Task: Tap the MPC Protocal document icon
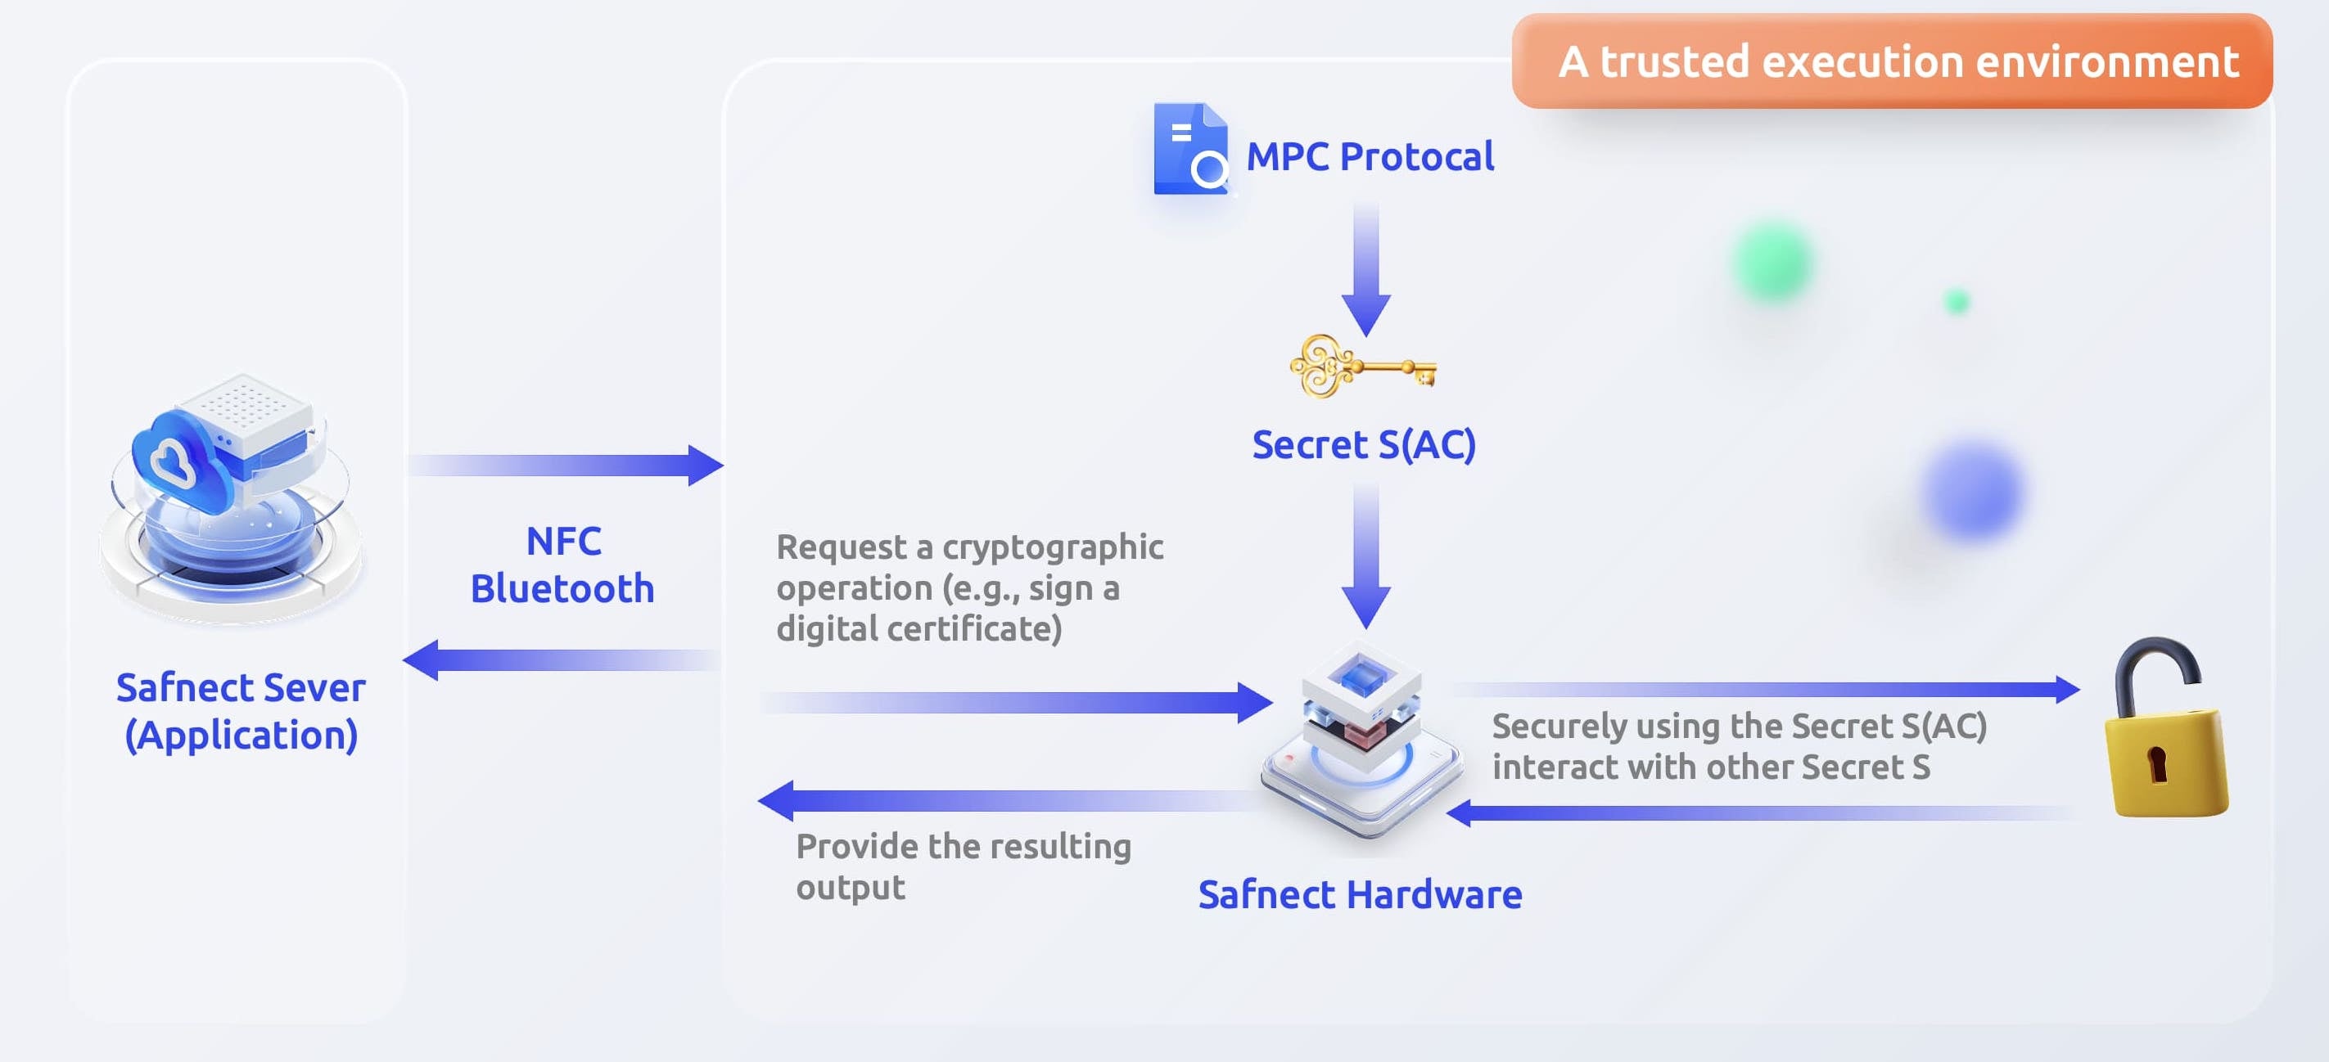click(x=1189, y=149)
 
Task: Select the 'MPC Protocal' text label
click(x=1370, y=157)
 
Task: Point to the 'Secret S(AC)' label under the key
click(x=1363, y=445)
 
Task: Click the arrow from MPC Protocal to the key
click(x=1365, y=271)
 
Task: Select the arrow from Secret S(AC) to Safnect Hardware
click(x=1365, y=556)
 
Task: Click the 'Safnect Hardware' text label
click(x=1360, y=895)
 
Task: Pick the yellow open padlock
click(x=2164, y=732)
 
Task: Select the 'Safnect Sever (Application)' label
click(x=241, y=711)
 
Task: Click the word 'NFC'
click(x=563, y=542)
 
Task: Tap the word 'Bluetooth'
click(x=562, y=588)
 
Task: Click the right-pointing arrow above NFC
click(x=565, y=466)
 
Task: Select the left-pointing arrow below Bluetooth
click(x=561, y=659)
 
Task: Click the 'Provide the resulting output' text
click(x=962, y=866)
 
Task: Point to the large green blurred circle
click(x=1773, y=262)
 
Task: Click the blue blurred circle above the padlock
click(x=1972, y=491)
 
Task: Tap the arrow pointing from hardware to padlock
click(x=1763, y=690)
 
